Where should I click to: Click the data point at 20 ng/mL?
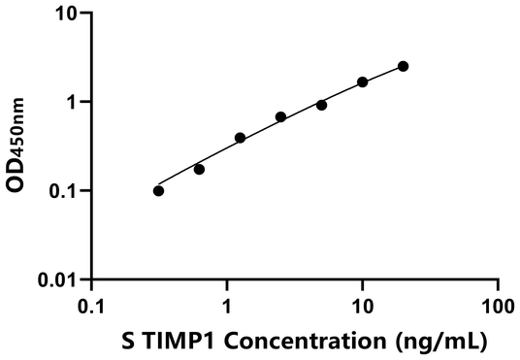[404, 66]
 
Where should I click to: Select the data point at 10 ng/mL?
[363, 82]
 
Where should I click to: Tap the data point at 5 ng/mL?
[321, 105]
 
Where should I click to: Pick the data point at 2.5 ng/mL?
[280, 117]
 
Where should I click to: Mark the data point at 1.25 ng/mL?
[240, 138]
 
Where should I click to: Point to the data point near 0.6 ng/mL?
[199, 169]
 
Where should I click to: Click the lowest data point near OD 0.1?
[158, 190]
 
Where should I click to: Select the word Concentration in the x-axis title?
[288, 342]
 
